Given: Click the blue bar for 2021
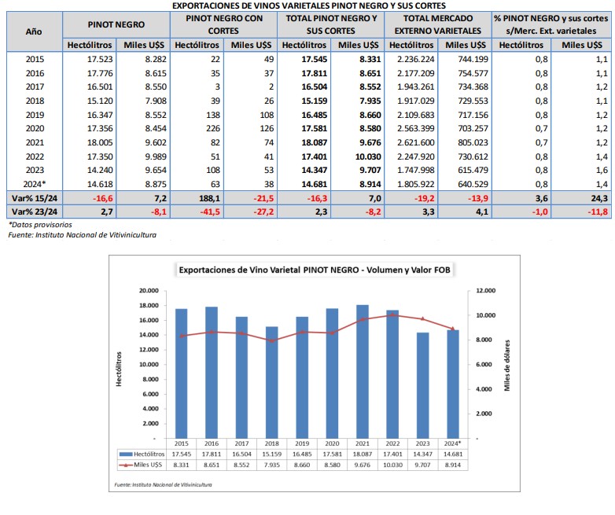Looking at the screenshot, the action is coord(363,371).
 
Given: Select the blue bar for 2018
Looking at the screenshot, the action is coord(272,382).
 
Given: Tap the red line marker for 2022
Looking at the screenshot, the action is coord(392,315).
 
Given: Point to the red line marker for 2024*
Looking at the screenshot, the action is coord(453,329).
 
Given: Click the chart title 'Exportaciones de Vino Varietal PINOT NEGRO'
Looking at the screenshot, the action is coord(269,270).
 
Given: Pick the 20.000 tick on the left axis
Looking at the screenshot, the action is coord(149,291).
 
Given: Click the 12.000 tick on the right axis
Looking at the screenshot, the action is coord(485,291).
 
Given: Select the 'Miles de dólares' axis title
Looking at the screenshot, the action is coord(507,366).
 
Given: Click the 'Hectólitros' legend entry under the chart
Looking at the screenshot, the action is coord(142,454).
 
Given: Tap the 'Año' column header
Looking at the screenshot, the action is coord(34,31).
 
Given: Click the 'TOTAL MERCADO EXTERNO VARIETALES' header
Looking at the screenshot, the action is coord(438,24).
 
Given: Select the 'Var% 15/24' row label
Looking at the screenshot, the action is coord(35,198).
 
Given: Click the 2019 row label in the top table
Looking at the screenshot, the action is coord(35,115).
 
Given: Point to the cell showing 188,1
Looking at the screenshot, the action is coord(208,198).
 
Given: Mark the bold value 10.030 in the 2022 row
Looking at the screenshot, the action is coord(368,156).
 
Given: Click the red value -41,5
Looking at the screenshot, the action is coord(210,212).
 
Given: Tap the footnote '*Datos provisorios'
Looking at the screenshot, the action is coord(40,225).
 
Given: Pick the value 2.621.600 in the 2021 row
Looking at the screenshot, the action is coord(416,142).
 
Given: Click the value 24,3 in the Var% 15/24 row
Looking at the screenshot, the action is coord(599,198).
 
